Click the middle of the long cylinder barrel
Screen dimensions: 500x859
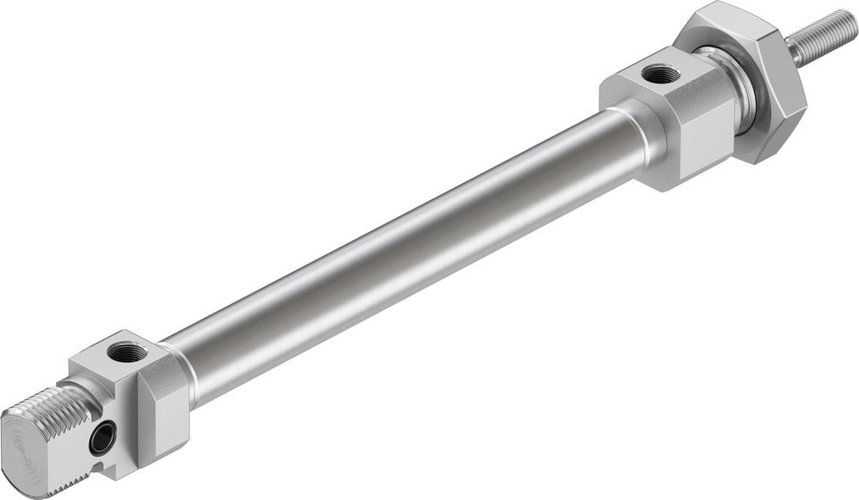pos(395,249)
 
